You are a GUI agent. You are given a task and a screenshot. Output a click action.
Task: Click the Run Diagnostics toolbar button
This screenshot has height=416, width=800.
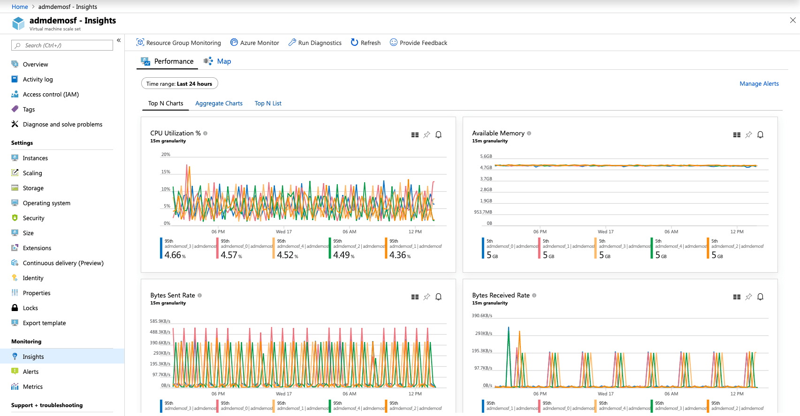pos(315,43)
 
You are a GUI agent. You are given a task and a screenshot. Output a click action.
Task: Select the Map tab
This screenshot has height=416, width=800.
pos(223,61)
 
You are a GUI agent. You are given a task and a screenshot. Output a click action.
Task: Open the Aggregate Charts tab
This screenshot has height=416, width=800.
pos(219,104)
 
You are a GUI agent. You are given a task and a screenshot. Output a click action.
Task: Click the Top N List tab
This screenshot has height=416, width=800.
pos(268,104)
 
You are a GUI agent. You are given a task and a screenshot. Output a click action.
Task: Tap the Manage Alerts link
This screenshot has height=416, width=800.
pos(759,84)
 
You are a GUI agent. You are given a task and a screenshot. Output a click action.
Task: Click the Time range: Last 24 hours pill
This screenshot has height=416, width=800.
pos(179,84)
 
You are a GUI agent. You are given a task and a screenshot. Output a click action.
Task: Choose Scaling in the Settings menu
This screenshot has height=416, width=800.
pos(32,173)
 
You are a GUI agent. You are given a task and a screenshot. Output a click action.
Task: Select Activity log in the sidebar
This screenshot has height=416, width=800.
pos(38,80)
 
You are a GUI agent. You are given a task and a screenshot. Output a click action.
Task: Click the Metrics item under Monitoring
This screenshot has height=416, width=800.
pos(32,386)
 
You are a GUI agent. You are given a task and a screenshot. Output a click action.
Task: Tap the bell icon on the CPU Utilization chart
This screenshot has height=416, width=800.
pos(438,135)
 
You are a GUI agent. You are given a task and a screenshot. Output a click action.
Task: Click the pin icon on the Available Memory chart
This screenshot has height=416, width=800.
pos(748,135)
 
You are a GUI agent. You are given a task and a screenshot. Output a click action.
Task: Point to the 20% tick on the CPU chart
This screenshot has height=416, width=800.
pos(166,155)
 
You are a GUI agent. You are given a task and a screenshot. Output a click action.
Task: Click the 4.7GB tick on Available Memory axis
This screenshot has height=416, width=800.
pos(486,168)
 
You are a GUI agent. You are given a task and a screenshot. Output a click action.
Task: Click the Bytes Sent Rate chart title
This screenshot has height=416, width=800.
pos(172,296)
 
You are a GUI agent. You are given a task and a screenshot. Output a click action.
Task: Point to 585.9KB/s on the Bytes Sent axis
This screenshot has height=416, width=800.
pos(160,321)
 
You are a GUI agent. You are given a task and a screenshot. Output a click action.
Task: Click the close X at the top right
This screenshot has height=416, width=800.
pos(792,20)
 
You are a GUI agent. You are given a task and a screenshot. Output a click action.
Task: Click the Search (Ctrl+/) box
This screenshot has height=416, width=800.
pos(62,45)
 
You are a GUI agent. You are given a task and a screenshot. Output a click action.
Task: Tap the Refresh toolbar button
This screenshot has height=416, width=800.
pos(366,43)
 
